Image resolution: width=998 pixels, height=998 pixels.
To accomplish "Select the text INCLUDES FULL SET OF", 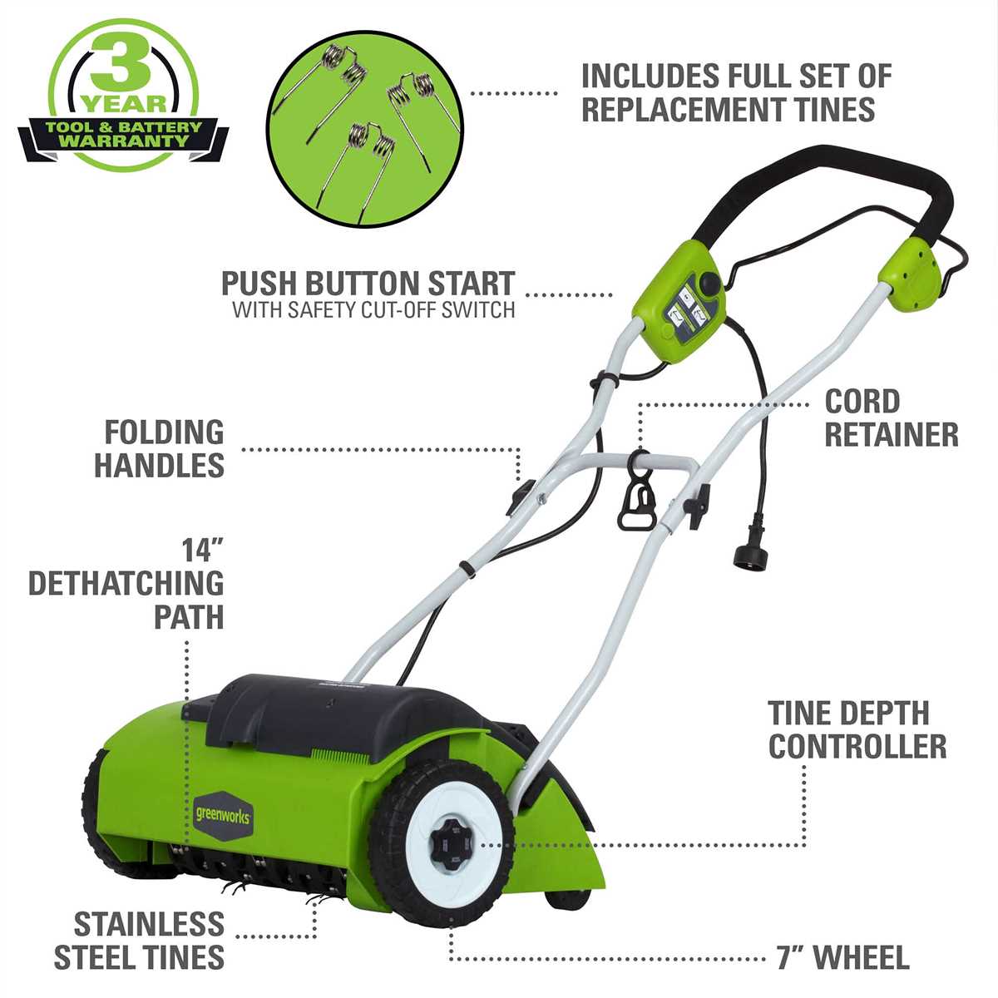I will pyautogui.click(x=736, y=76).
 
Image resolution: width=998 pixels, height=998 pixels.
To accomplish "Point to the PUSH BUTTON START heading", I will pyautogui.click(x=368, y=284).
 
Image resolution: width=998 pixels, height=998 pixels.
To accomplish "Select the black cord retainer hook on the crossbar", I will pyautogui.click(x=637, y=497).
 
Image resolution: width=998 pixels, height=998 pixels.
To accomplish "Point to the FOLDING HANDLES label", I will pyautogui.click(x=159, y=448).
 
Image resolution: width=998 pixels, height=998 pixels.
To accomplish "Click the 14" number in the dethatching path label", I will pyautogui.click(x=203, y=551).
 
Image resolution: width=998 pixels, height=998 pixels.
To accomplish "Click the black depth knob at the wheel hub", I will pyautogui.click(x=448, y=844).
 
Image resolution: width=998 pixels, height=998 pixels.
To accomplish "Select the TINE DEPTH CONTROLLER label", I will pyautogui.click(x=857, y=729).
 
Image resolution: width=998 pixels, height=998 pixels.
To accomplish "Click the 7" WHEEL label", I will pyautogui.click(x=843, y=957).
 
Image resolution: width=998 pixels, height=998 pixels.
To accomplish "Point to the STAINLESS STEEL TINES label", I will pyautogui.click(x=140, y=941).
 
